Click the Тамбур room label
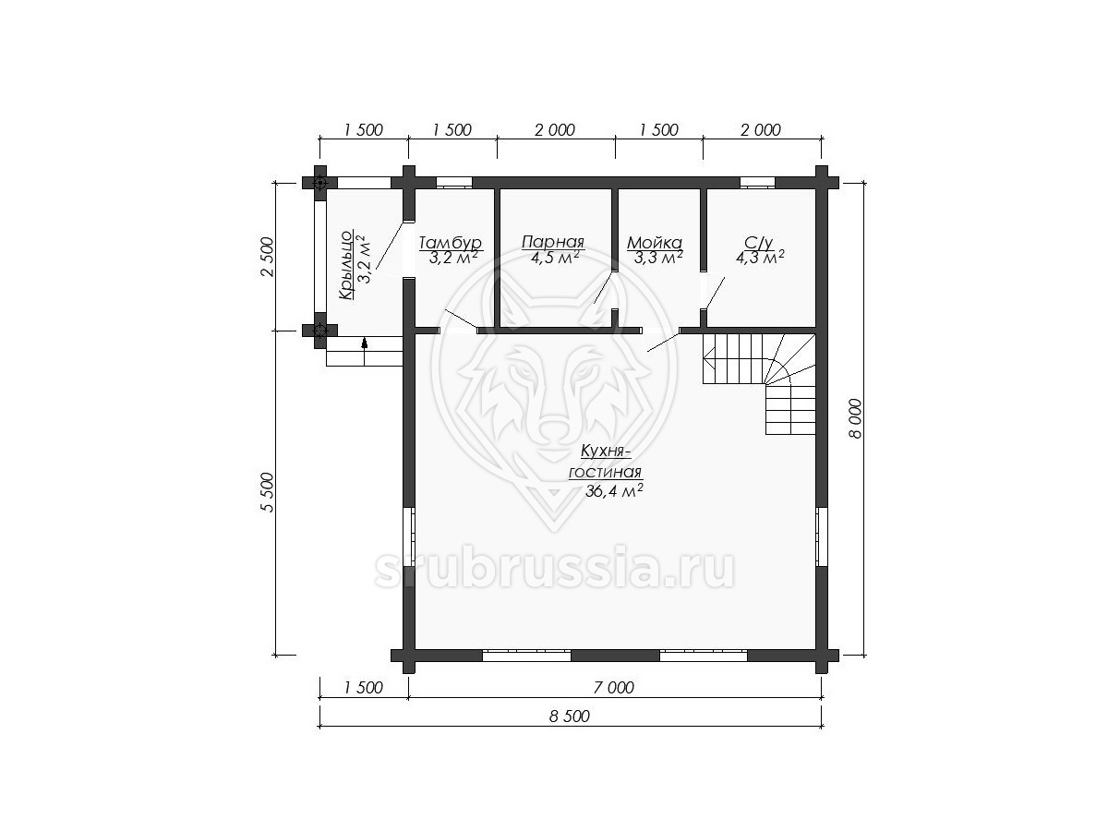(x=451, y=243)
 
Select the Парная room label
(x=553, y=242)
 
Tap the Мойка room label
(x=655, y=243)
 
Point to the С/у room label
(x=758, y=243)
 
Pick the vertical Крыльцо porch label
(x=345, y=265)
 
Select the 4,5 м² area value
(x=554, y=258)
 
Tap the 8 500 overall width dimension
(x=570, y=716)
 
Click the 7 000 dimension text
(x=614, y=688)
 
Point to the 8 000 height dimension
(x=855, y=418)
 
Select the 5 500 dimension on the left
(x=267, y=492)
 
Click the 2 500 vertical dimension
(x=267, y=257)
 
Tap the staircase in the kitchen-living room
(x=759, y=383)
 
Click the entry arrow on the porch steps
(x=364, y=343)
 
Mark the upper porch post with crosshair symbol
(x=320, y=183)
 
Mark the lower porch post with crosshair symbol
(x=320, y=331)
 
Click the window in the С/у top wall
(x=757, y=183)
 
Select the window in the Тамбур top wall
(x=453, y=183)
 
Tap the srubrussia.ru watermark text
(x=554, y=569)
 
